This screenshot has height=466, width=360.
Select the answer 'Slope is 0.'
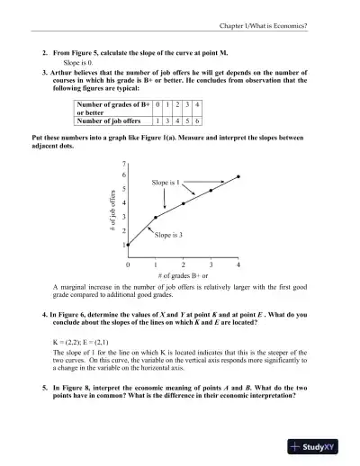coord(82,64)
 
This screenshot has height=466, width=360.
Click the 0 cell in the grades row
coord(158,106)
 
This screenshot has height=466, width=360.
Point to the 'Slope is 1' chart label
coord(166,183)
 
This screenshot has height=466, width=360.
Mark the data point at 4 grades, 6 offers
coord(238,176)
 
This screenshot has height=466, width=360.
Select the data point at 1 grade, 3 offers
coord(156,218)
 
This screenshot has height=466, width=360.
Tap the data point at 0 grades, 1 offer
coord(128,245)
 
